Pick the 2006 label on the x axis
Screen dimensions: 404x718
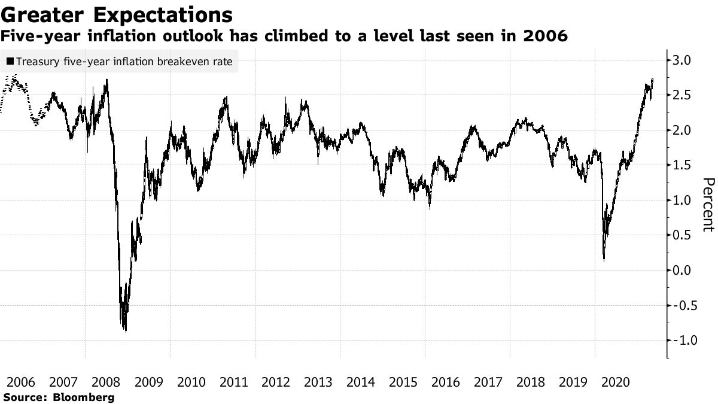coord(21,381)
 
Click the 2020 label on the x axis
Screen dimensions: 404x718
coord(616,381)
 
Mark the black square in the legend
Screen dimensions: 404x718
coord(10,62)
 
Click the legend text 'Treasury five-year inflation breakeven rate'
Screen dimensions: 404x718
coord(124,62)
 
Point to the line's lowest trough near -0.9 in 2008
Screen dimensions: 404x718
coord(126,331)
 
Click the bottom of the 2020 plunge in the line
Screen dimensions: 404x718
coord(604,260)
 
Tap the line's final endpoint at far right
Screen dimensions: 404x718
coord(652,80)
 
